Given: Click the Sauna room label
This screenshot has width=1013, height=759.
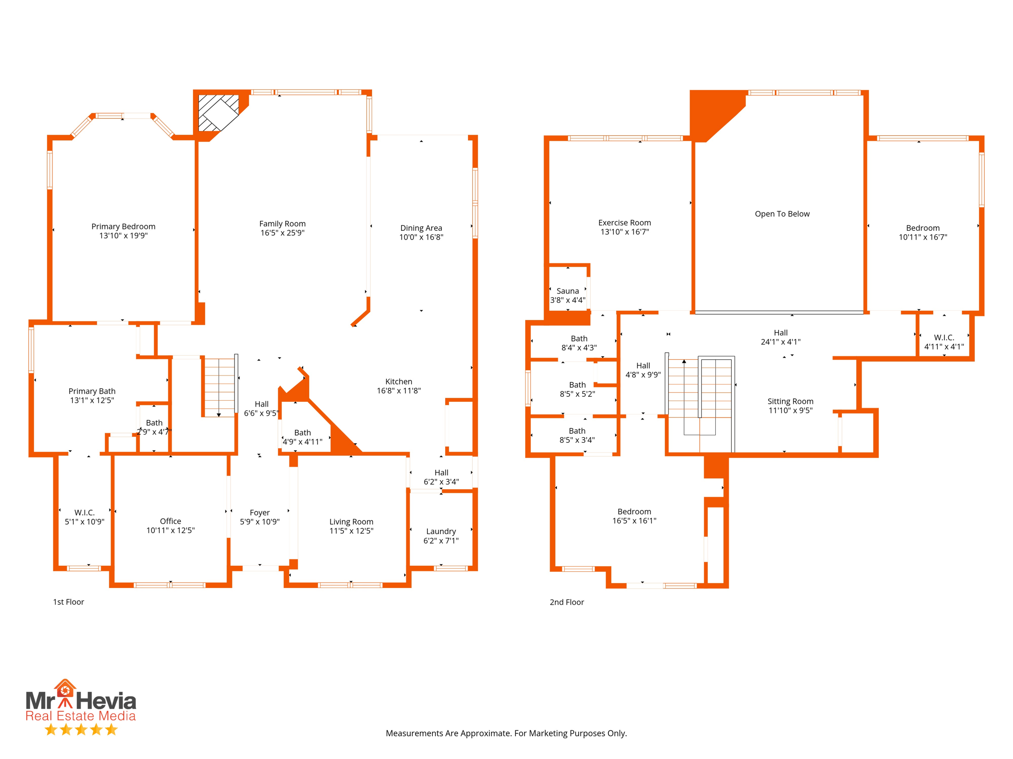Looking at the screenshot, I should pyautogui.click(x=567, y=291).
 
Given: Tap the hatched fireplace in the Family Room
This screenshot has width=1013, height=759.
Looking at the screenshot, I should pyautogui.click(x=218, y=113).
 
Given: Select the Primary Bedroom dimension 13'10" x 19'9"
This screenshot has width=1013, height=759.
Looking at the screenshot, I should pyautogui.click(x=123, y=236).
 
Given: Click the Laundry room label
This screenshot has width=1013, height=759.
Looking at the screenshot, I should pyautogui.click(x=441, y=531).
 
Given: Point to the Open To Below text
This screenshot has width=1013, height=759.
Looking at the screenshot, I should pyautogui.click(x=782, y=214).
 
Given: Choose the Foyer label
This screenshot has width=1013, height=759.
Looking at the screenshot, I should pyautogui.click(x=260, y=512).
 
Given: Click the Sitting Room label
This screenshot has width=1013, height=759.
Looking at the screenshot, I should pyautogui.click(x=790, y=401).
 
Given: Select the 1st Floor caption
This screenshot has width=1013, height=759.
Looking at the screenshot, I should pyautogui.click(x=68, y=602).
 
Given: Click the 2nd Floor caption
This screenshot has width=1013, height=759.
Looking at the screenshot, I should pyautogui.click(x=566, y=602).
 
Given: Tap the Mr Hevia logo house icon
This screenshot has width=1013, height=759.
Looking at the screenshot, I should pyautogui.click(x=65, y=689).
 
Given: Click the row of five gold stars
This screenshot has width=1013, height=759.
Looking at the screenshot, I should pyautogui.click(x=81, y=730).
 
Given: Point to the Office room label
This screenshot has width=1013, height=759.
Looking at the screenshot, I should pyautogui.click(x=170, y=521).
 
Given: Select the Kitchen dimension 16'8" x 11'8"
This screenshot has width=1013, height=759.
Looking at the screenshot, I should pyautogui.click(x=399, y=391).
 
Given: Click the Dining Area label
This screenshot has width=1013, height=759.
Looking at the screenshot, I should pyautogui.click(x=421, y=228).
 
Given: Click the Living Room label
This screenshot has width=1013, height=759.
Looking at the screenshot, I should pyautogui.click(x=351, y=522).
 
